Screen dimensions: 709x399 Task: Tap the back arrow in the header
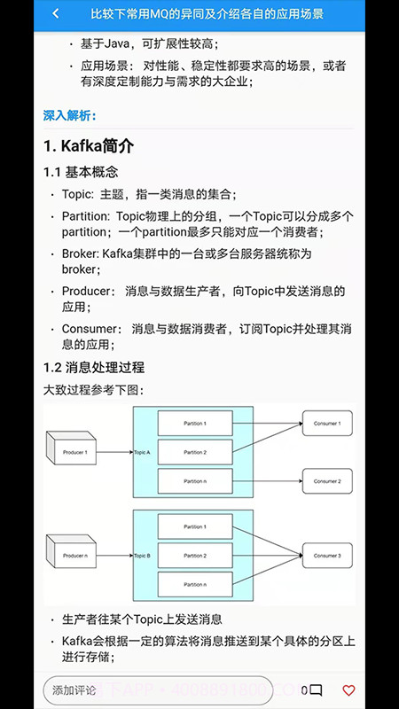point(56,14)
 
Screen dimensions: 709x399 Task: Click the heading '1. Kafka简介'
point(89,145)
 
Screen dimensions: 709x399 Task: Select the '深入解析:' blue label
point(70,115)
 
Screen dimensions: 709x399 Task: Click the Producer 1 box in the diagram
point(74,453)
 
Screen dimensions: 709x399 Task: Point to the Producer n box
point(74,556)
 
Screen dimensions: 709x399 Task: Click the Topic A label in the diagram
point(142,453)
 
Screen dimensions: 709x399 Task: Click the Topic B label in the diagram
point(142,556)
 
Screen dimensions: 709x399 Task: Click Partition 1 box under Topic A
point(195,424)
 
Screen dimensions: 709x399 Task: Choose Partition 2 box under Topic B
point(195,556)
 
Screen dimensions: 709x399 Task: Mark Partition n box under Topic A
point(195,481)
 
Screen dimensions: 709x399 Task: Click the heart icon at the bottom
point(348,690)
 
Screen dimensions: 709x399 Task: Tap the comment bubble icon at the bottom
point(316,690)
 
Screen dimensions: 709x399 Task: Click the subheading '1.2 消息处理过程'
point(94,367)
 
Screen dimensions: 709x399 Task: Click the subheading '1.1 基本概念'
point(81,172)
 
